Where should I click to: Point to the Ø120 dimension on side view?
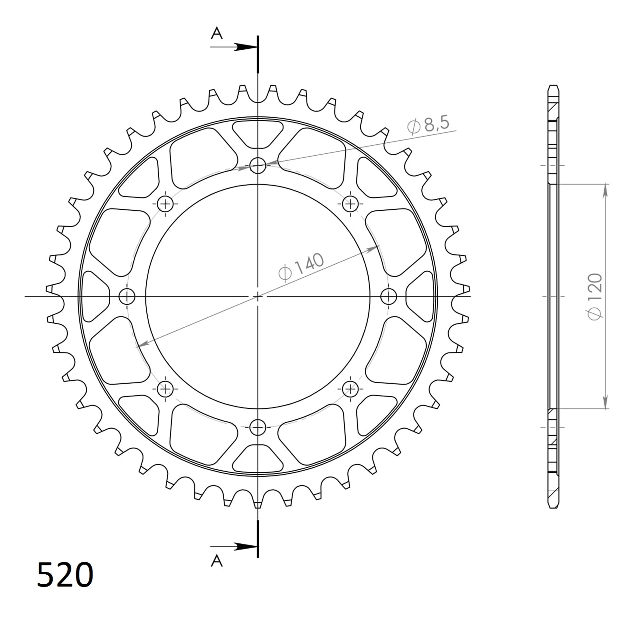point(595,296)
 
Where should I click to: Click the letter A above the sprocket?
point(217,33)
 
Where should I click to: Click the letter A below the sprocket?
point(217,561)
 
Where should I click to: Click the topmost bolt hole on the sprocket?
point(258,165)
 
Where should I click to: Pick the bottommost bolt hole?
point(258,427)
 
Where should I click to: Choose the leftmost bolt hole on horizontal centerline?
point(127,296)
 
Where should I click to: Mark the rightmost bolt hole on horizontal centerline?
point(389,296)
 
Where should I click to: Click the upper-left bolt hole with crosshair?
point(165,203)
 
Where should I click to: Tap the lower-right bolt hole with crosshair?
point(350,389)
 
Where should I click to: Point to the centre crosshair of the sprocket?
point(258,296)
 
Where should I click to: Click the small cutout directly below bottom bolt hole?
point(258,460)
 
